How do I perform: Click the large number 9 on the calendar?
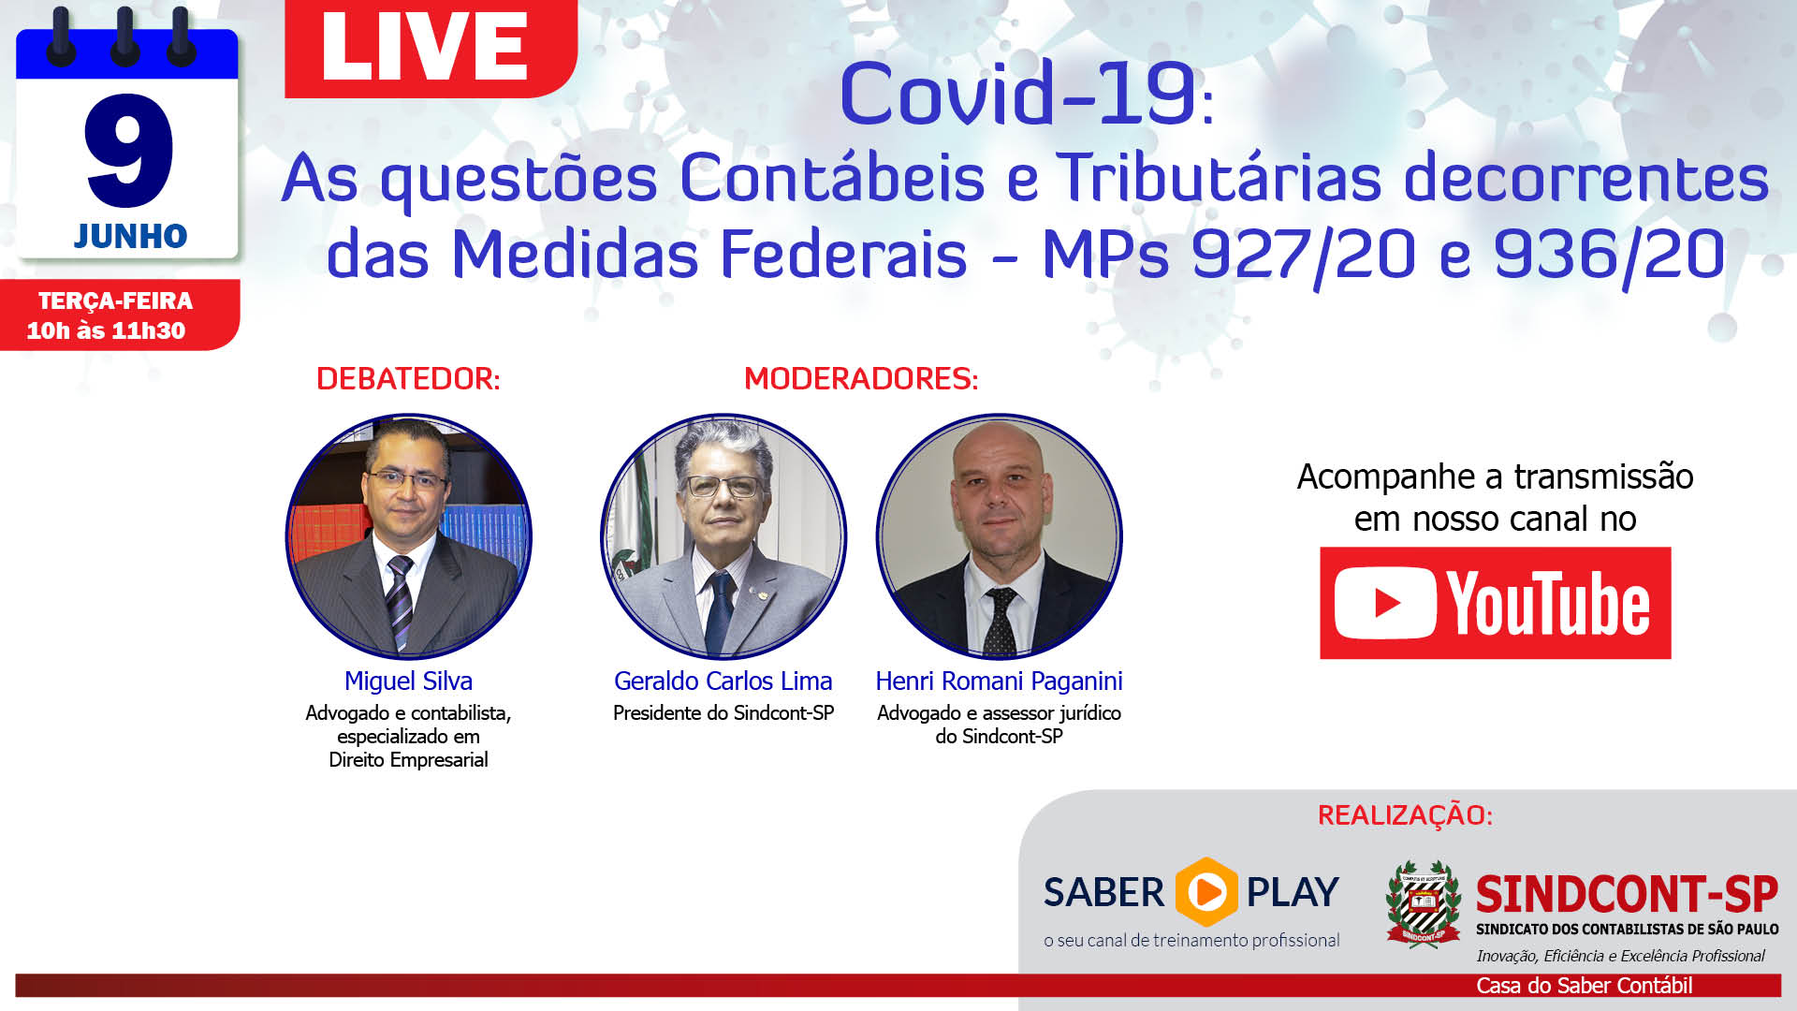(x=129, y=150)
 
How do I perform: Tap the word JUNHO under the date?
(x=131, y=236)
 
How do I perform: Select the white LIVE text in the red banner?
(x=425, y=47)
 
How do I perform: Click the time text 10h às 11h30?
(x=106, y=330)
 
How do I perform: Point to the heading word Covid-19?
(x=1018, y=94)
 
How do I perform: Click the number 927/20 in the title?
(x=1303, y=255)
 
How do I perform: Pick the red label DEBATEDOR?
(x=408, y=378)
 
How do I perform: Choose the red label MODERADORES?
(x=861, y=378)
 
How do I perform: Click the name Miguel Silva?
(x=408, y=681)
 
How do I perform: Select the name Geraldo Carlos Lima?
(x=723, y=681)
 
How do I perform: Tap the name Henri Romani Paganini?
(x=999, y=681)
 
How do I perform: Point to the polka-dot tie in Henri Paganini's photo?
(x=1000, y=621)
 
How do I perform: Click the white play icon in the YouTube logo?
(x=1385, y=603)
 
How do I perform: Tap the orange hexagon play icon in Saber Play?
(x=1205, y=891)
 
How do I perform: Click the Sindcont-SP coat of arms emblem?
(x=1423, y=904)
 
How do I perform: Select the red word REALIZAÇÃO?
(x=1405, y=815)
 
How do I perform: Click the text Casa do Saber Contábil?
(x=1585, y=986)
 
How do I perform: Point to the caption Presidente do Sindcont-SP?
(x=723, y=713)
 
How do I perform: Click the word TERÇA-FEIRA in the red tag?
(x=115, y=300)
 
